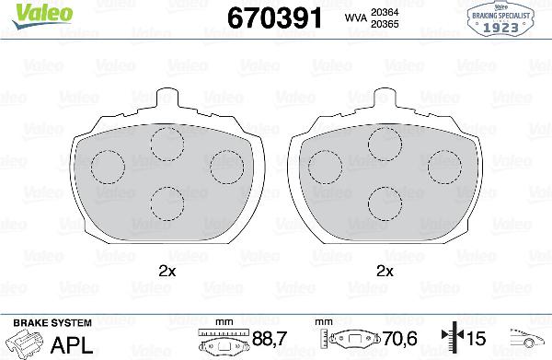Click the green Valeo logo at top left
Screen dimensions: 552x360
[x=42, y=15]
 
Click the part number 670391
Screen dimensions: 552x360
[x=274, y=18]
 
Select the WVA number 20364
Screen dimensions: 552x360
[x=385, y=12]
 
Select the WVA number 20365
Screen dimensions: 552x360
[x=385, y=24]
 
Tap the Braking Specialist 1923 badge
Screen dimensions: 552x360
[x=501, y=19]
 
